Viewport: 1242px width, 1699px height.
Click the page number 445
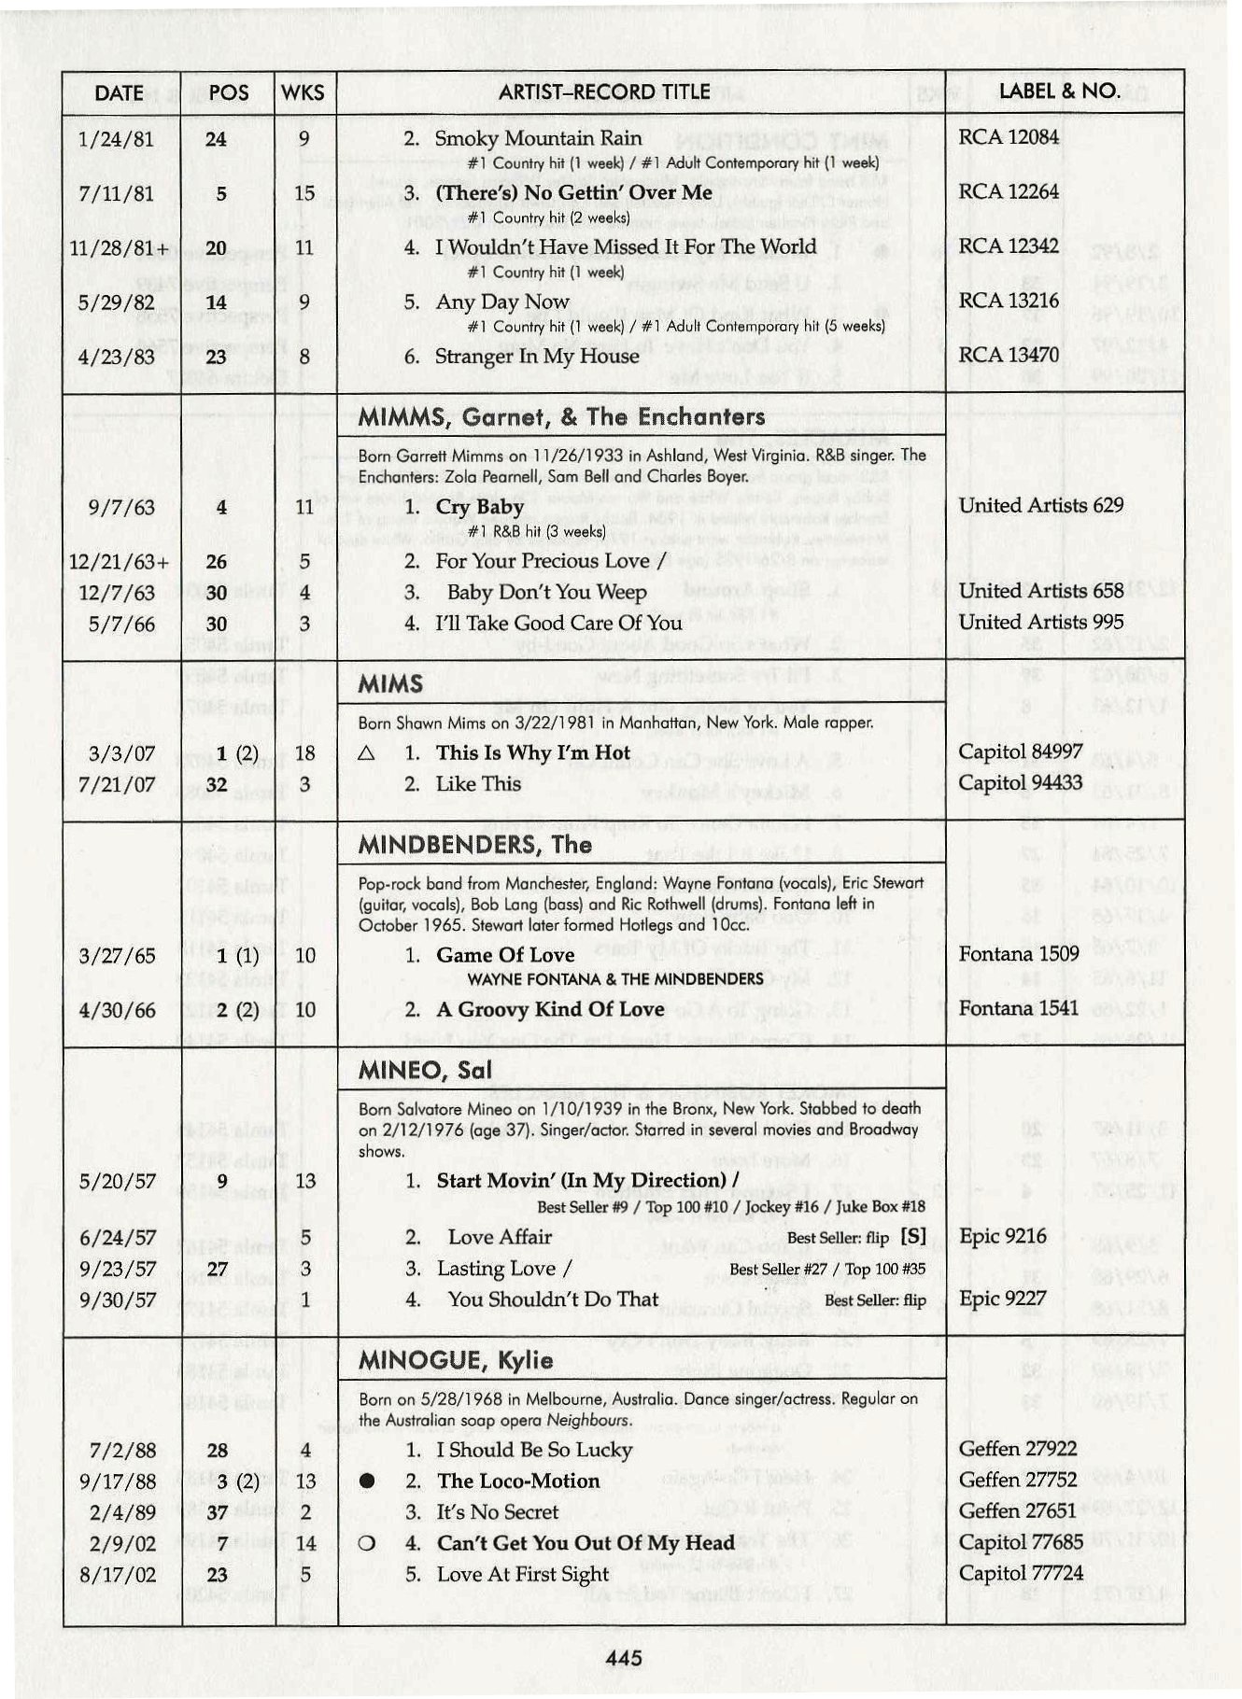[623, 1657]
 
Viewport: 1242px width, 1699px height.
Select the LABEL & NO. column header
[1059, 91]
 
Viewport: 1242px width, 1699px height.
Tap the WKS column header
[303, 92]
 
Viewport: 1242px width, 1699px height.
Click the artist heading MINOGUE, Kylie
[455, 1360]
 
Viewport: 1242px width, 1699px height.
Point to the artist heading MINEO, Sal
[424, 1071]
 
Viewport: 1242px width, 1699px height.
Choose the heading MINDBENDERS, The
[474, 845]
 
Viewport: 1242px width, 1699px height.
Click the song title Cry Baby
[480, 507]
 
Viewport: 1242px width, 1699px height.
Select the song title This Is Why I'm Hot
[532, 753]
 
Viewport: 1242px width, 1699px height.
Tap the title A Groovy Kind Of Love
[550, 1009]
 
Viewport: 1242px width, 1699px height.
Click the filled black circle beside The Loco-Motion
[367, 1481]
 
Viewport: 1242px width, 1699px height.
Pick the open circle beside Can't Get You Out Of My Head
[367, 1544]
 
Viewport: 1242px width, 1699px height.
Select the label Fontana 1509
[1018, 954]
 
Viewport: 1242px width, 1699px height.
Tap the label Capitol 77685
[1020, 1542]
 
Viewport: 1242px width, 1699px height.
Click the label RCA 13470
[1008, 355]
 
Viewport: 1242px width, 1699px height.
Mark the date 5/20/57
[118, 1181]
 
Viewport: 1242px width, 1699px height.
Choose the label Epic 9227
[1002, 1299]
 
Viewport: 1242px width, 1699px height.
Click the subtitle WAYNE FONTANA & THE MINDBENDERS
[615, 979]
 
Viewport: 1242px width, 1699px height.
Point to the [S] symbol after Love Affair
[913, 1237]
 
